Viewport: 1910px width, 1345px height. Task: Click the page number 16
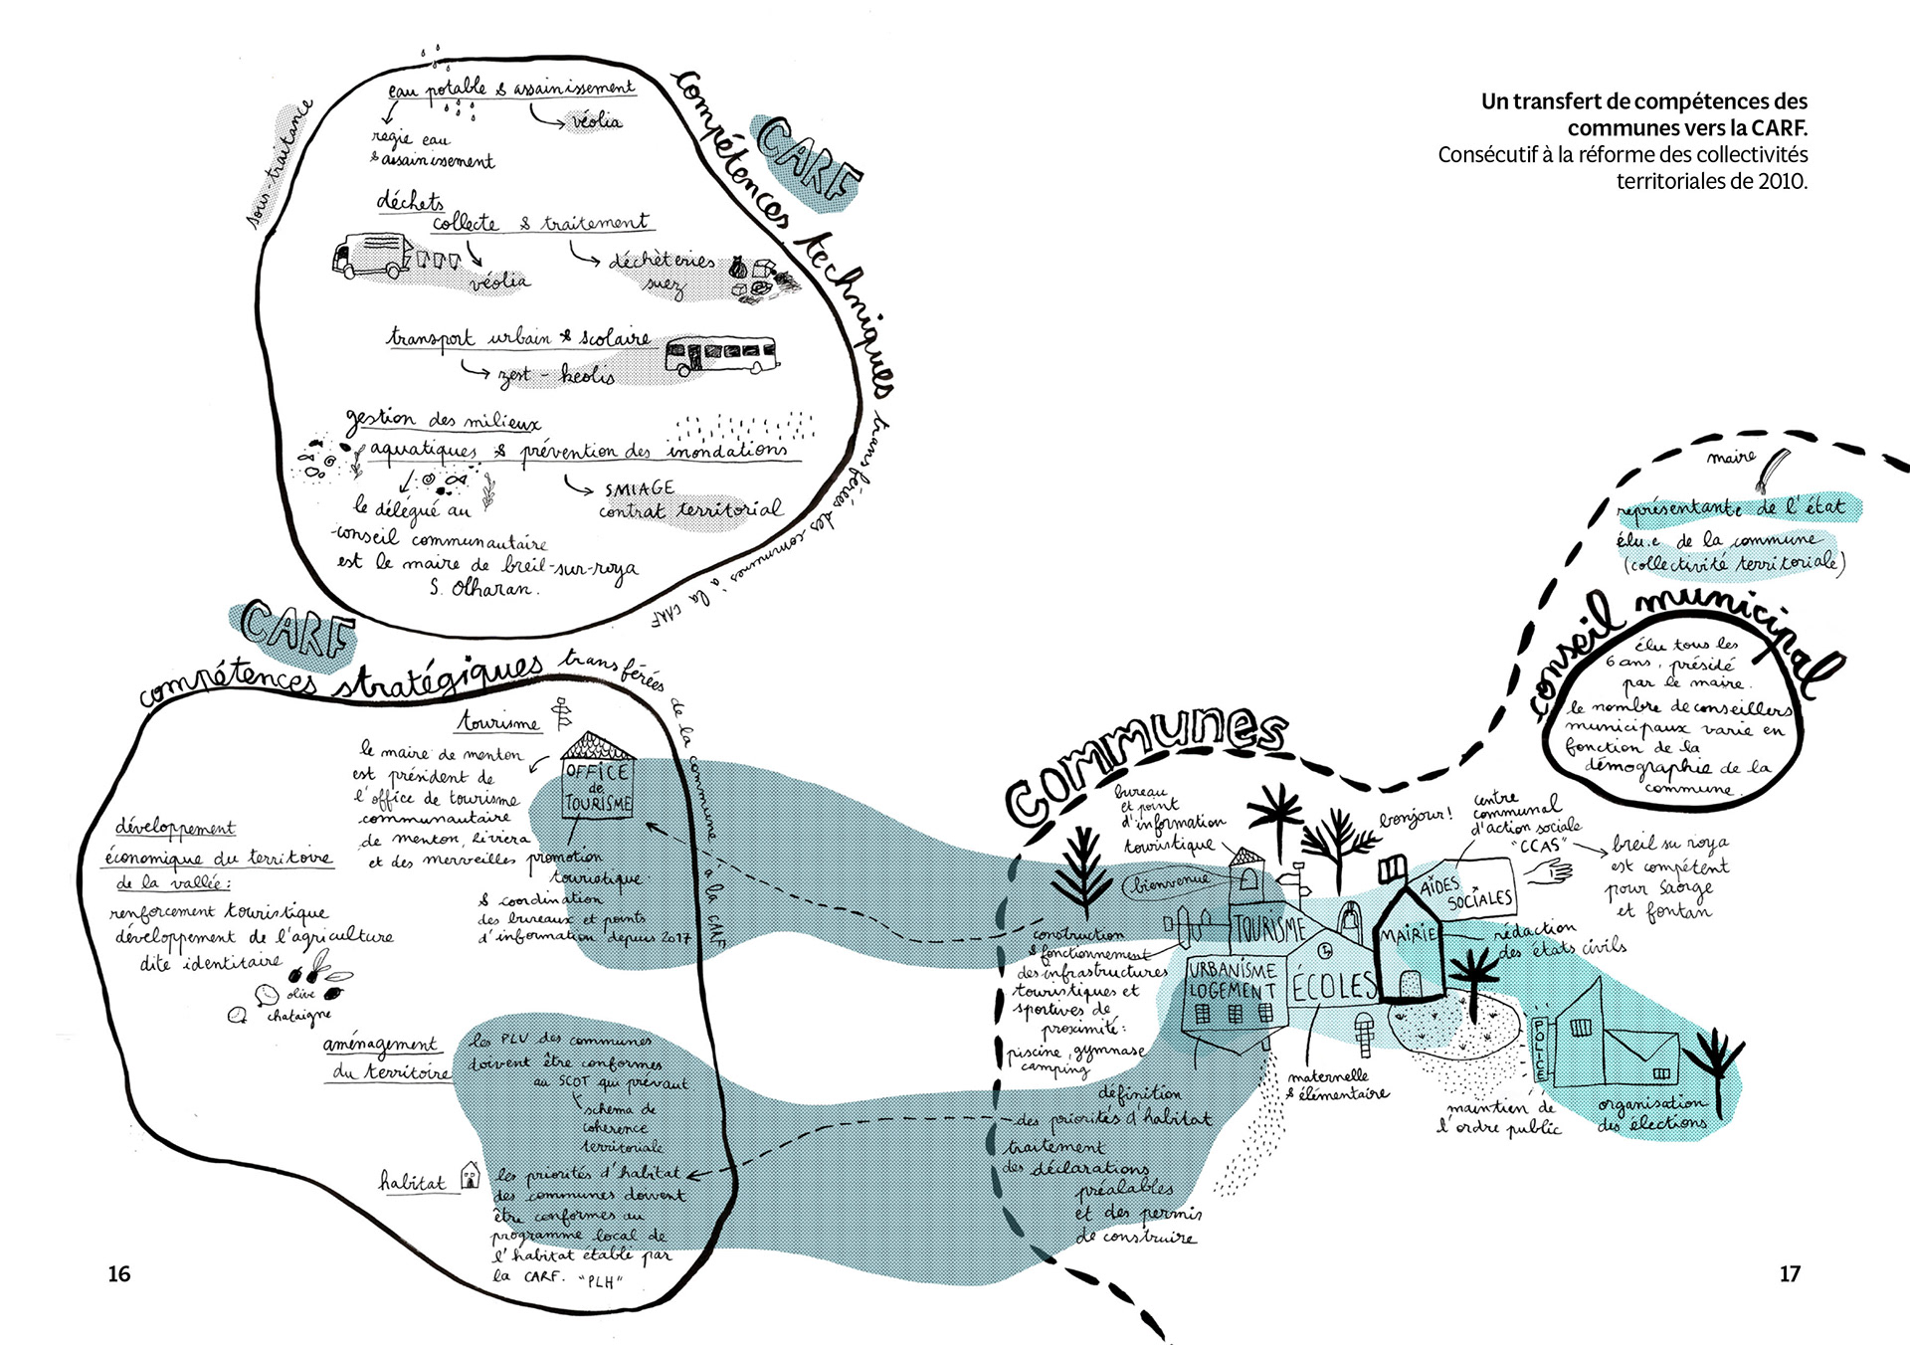pyautogui.click(x=118, y=1274)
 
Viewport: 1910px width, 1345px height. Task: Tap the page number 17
pyautogui.click(x=1790, y=1274)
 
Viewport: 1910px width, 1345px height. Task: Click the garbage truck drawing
pyautogui.click(x=371, y=256)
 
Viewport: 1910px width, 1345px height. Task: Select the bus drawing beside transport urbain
pyautogui.click(x=720, y=354)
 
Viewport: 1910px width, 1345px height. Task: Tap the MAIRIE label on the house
pyautogui.click(x=1408, y=934)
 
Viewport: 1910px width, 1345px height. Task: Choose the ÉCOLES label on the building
pyautogui.click(x=1333, y=986)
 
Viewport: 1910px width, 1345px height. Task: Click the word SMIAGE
pyautogui.click(x=639, y=488)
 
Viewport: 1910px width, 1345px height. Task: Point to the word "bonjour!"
pyautogui.click(x=1415, y=818)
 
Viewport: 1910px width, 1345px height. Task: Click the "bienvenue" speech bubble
pyautogui.click(x=1169, y=880)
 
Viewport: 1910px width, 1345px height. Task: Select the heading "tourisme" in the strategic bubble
pyautogui.click(x=499, y=721)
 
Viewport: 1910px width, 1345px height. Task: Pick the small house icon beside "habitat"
pyautogui.click(x=470, y=1176)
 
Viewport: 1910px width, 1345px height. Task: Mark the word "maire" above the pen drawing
pyautogui.click(x=1731, y=458)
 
